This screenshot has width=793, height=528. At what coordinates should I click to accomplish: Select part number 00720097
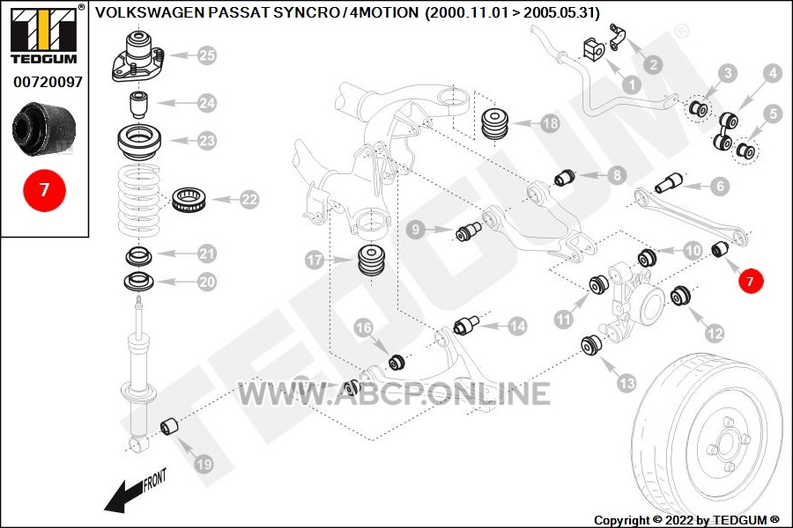[48, 82]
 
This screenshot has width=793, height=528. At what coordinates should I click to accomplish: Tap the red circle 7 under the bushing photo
[45, 190]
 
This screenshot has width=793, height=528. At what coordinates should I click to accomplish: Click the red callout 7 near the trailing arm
[750, 281]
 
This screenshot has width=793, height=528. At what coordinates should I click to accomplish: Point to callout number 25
[207, 55]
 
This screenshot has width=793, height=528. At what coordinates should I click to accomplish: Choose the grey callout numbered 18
[550, 123]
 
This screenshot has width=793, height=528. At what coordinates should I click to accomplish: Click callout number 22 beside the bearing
[249, 200]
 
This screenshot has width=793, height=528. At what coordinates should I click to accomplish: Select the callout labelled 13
[626, 383]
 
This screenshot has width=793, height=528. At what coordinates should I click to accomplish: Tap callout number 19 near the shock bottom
[204, 464]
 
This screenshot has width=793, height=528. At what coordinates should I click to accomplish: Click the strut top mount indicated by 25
[139, 55]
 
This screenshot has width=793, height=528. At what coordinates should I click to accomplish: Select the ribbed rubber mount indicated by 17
[372, 260]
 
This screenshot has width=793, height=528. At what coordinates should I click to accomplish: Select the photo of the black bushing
[44, 128]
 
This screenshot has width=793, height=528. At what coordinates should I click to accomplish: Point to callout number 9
[416, 230]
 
